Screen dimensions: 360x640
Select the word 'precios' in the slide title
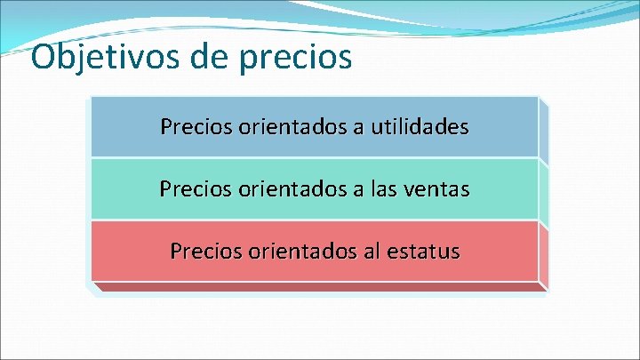(298, 59)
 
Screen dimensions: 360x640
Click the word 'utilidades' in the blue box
(428, 127)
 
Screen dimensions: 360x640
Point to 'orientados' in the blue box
(293, 127)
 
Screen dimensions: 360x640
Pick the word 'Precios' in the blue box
(196, 127)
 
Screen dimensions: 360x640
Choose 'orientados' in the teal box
(292, 189)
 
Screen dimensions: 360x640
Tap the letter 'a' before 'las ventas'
(356, 190)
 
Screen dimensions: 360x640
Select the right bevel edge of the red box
(543, 256)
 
